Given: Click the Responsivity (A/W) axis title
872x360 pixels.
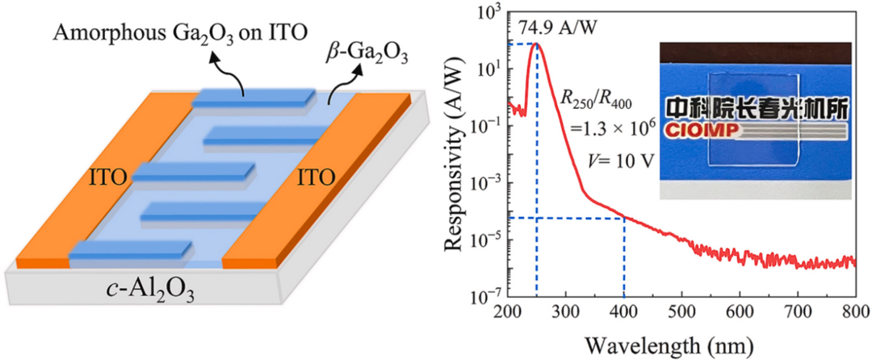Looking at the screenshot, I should [461, 153].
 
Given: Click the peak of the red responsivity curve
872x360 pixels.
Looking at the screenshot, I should [535, 44].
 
